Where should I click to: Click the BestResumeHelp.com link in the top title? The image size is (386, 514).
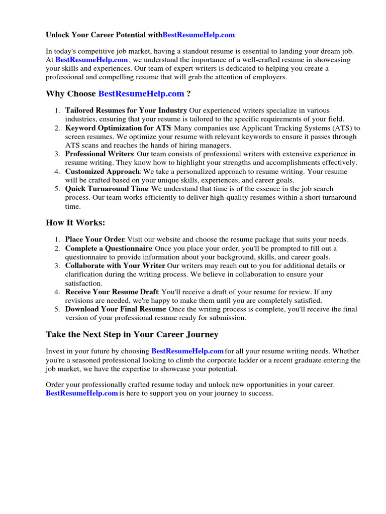[x=199, y=35]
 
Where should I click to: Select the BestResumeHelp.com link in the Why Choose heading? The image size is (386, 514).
[x=141, y=94]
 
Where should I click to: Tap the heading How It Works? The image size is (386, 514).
[x=75, y=223]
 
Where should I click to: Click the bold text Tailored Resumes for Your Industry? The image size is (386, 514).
[x=126, y=110]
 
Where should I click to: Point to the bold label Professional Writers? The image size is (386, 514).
[x=99, y=154]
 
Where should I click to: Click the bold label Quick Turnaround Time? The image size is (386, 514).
[x=107, y=189]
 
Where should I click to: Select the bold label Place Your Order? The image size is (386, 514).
[x=95, y=240]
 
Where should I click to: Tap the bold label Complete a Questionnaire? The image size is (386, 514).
[x=109, y=249]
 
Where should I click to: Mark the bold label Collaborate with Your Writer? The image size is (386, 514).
[x=115, y=266]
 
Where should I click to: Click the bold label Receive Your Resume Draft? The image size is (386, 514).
[x=112, y=292]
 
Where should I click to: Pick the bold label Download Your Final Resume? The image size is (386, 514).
[x=116, y=310]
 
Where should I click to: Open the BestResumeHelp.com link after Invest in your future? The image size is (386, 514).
[x=187, y=352]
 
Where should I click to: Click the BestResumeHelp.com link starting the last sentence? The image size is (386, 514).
[x=81, y=394]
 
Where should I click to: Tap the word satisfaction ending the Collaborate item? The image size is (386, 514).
[x=83, y=283]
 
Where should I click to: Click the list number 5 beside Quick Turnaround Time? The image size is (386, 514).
[x=58, y=189]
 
